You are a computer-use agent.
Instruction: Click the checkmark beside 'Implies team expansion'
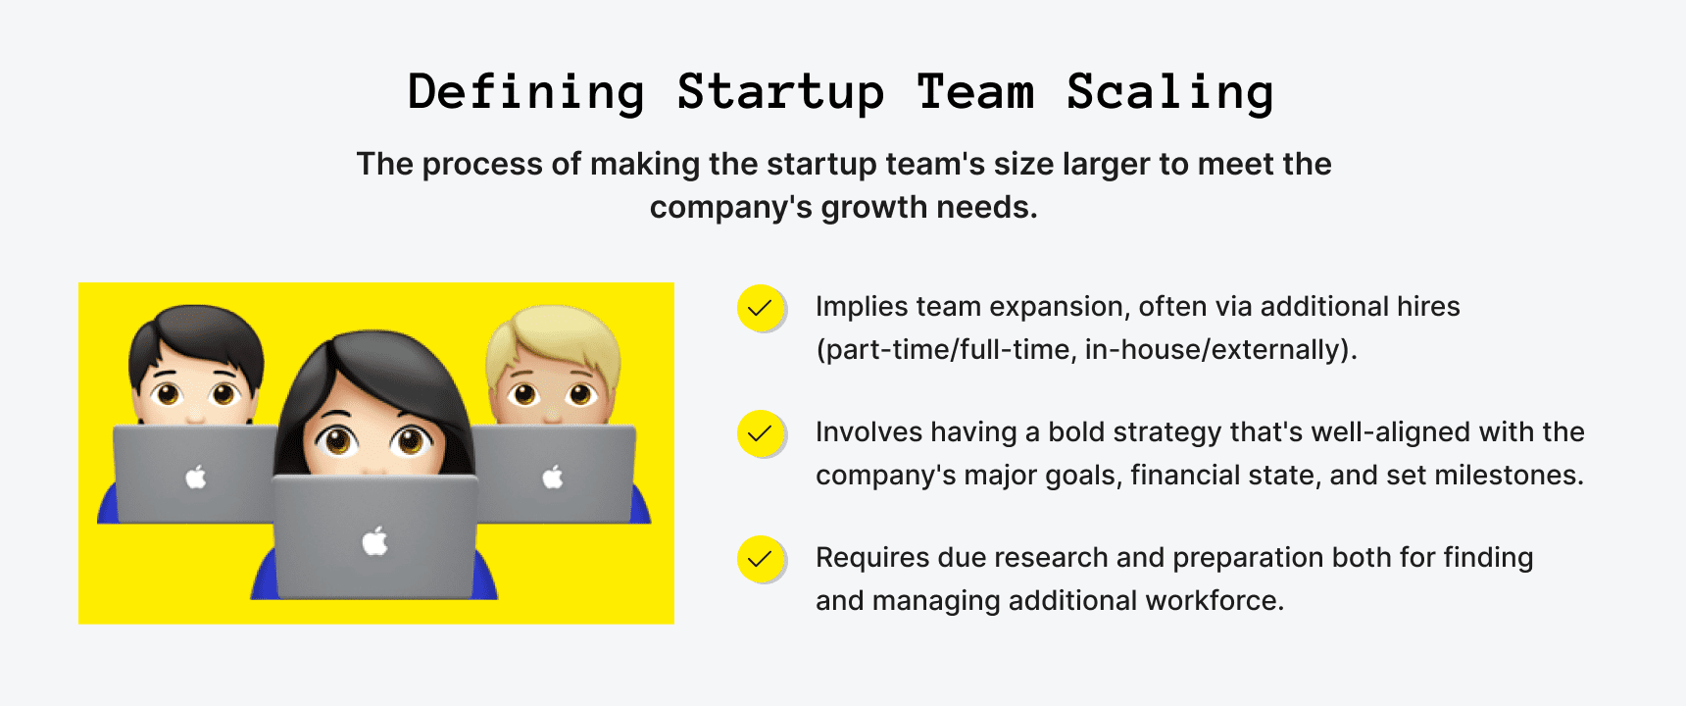tap(761, 308)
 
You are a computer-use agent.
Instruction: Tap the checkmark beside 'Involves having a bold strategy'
tap(761, 433)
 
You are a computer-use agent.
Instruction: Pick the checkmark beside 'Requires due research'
tap(761, 559)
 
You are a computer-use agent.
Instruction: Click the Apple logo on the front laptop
tap(375, 540)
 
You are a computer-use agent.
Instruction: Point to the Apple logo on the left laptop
tap(196, 478)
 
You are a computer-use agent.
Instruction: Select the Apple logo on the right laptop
tap(553, 478)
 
